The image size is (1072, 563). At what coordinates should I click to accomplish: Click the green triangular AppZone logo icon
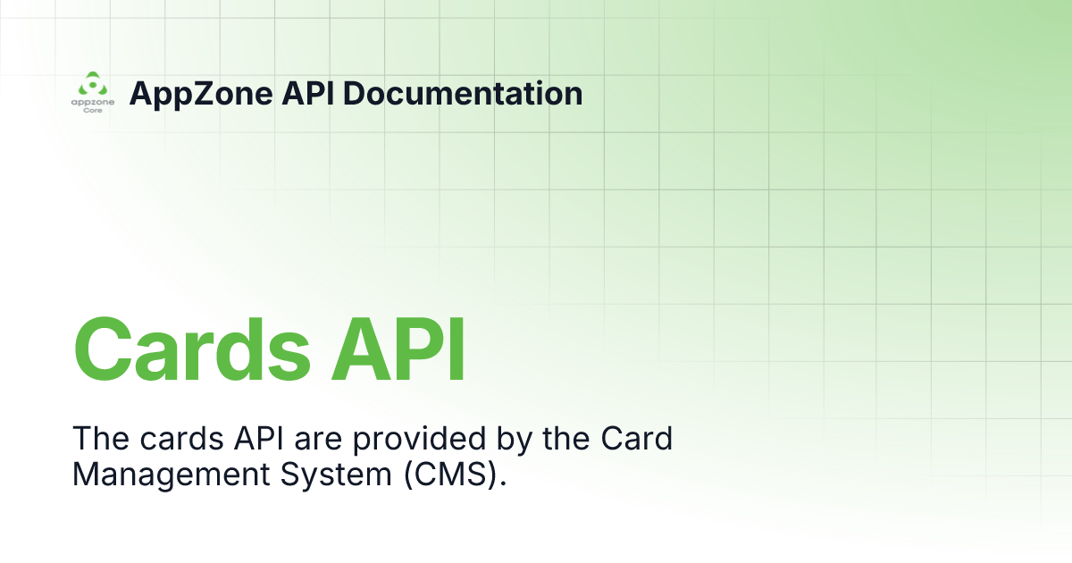click(93, 85)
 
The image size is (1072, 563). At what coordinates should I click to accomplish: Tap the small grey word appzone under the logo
click(93, 103)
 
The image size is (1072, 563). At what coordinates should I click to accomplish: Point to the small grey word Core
click(93, 111)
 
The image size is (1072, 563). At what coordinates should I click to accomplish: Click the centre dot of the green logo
click(93, 86)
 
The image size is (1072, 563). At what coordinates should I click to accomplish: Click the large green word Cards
click(193, 349)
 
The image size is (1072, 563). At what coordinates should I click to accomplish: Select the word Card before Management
click(635, 439)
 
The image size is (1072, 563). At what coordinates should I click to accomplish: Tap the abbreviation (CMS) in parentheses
click(455, 475)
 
